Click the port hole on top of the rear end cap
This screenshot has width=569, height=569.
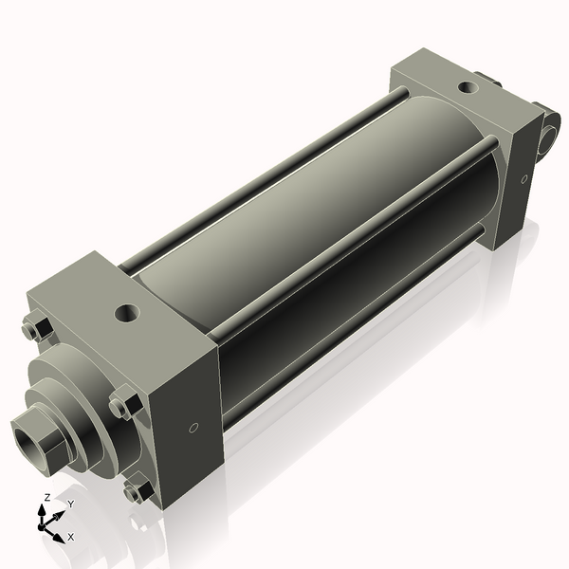468,88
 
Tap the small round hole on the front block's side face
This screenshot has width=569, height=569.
194,427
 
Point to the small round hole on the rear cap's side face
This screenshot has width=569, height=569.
523,178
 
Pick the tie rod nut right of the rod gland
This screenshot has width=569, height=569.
122,406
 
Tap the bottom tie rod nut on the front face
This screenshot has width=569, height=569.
136,491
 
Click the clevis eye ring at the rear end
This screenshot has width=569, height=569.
552,131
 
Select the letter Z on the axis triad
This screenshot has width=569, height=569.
46,497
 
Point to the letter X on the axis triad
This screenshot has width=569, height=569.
70,537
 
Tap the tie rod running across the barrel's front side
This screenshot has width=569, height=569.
351,284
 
